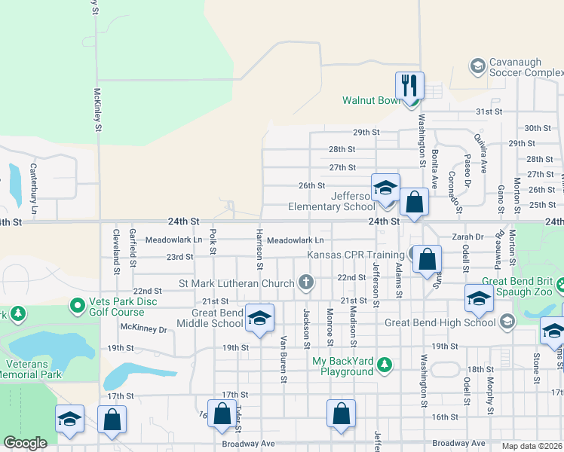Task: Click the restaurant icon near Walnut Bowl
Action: [x=409, y=84]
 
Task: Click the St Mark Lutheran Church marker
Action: [x=305, y=283]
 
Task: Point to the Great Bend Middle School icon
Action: [x=259, y=318]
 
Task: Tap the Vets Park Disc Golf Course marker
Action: [x=76, y=305]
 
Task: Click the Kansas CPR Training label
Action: [x=357, y=255]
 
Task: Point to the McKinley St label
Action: [x=97, y=110]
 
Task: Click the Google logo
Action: [x=25, y=443]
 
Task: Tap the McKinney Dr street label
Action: [x=143, y=328]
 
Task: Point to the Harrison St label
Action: [x=259, y=249]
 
